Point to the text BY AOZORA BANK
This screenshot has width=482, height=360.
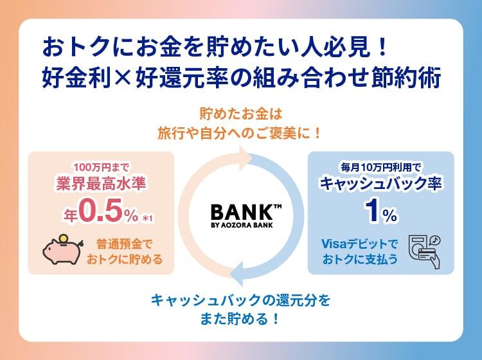click(241, 225)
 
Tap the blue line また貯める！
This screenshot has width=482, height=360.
click(241, 318)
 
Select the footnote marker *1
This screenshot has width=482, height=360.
click(148, 219)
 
